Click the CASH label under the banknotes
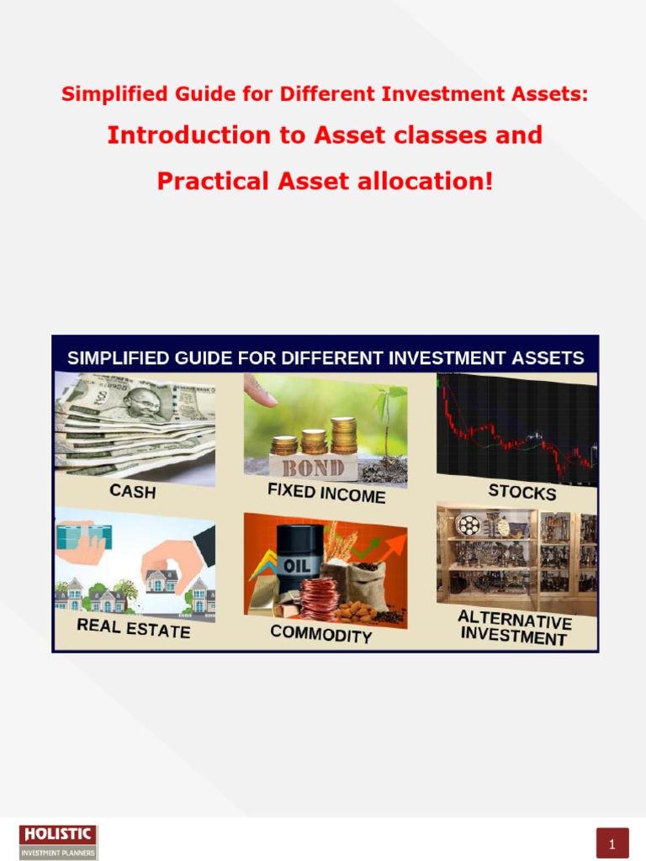pos(133,490)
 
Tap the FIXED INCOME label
pos(326,493)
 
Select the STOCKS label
pos(522,491)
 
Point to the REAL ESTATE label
pos(133,627)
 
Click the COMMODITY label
pos(320,634)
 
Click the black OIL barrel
pos(300,554)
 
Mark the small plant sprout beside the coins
pos(387,412)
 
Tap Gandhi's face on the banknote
pos(145,404)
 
